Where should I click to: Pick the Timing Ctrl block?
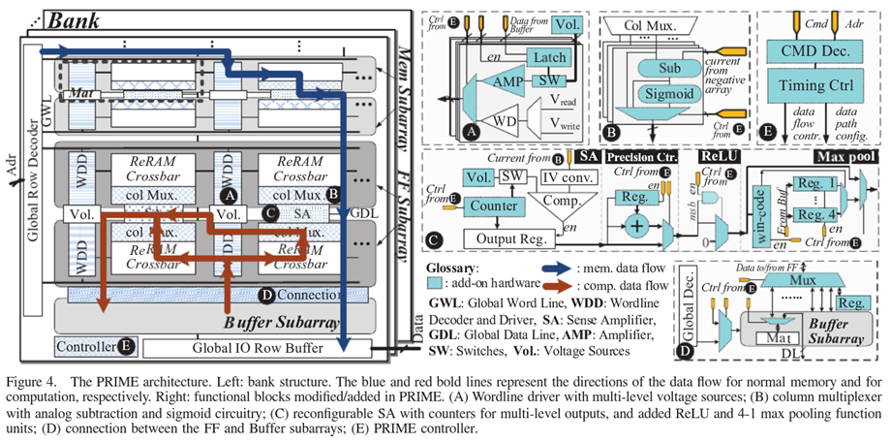[x=807, y=86]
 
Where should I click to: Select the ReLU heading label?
[x=718, y=156]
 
